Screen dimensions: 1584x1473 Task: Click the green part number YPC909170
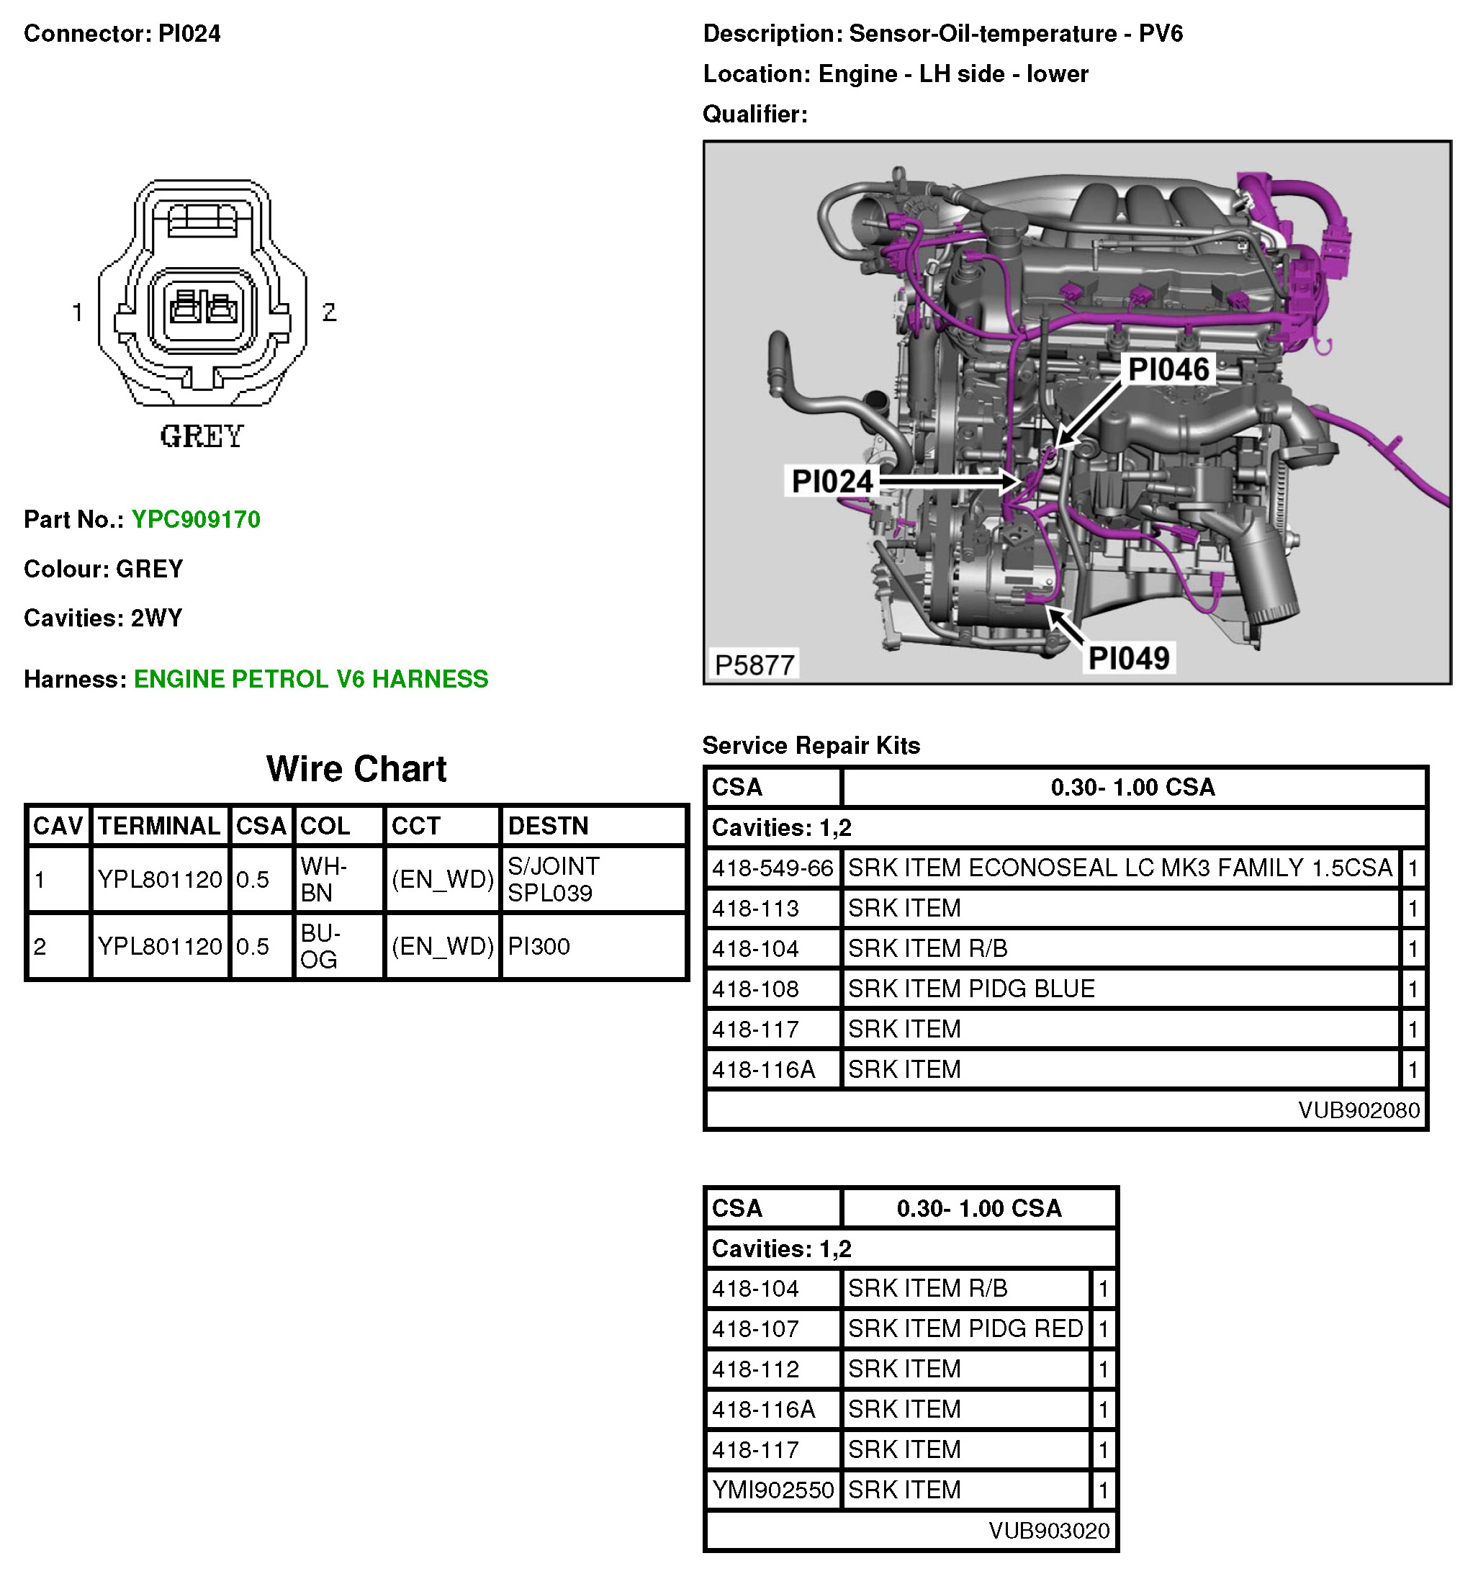195,520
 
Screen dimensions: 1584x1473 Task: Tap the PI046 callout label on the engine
1168,369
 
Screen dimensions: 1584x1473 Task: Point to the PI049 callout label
1128,658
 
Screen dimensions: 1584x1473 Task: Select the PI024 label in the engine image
832,481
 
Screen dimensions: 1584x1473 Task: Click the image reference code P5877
754,665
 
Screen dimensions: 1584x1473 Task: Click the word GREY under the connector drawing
202,436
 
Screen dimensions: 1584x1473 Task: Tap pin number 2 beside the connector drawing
329,312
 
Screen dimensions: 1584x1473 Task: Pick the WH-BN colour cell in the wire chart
324,879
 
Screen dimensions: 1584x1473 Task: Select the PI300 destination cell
539,946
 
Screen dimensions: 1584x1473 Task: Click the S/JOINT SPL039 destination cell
554,879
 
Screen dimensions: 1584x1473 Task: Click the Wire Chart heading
356,769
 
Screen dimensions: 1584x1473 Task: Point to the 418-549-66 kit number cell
772,868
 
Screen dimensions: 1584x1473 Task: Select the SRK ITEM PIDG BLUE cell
970,989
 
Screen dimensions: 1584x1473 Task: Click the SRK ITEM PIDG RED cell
965,1328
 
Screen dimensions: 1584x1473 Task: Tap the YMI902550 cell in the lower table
772,1489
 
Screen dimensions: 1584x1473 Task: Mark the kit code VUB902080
1359,1110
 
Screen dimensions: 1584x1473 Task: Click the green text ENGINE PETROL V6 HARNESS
311,679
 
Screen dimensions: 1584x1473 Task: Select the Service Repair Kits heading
811,745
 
